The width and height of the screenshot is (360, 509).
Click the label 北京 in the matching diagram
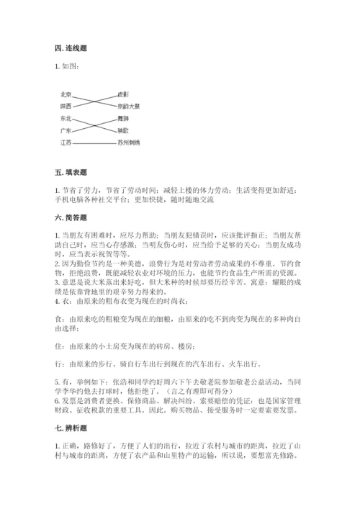(66, 94)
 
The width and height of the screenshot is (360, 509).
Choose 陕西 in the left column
(66, 106)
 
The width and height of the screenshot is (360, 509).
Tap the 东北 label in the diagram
(66, 118)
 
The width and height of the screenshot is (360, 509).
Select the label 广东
(66, 130)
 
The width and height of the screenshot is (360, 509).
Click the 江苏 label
(66, 143)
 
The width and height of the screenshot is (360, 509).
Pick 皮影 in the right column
(123, 94)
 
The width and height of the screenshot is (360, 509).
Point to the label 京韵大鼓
(129, 106)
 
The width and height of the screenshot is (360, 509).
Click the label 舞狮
(123, 118)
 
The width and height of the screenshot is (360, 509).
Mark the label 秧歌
(123, 130)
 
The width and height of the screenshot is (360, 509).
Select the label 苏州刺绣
(129, 143)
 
